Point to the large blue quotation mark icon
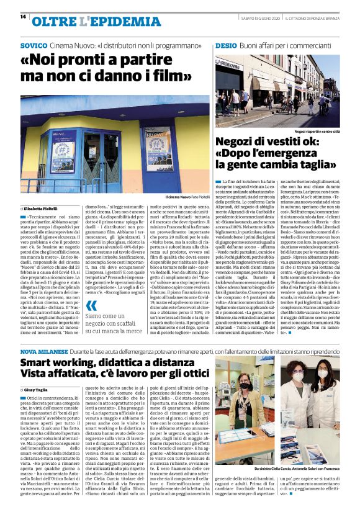pos(91,305)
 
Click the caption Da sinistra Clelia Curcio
pos(289,451)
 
